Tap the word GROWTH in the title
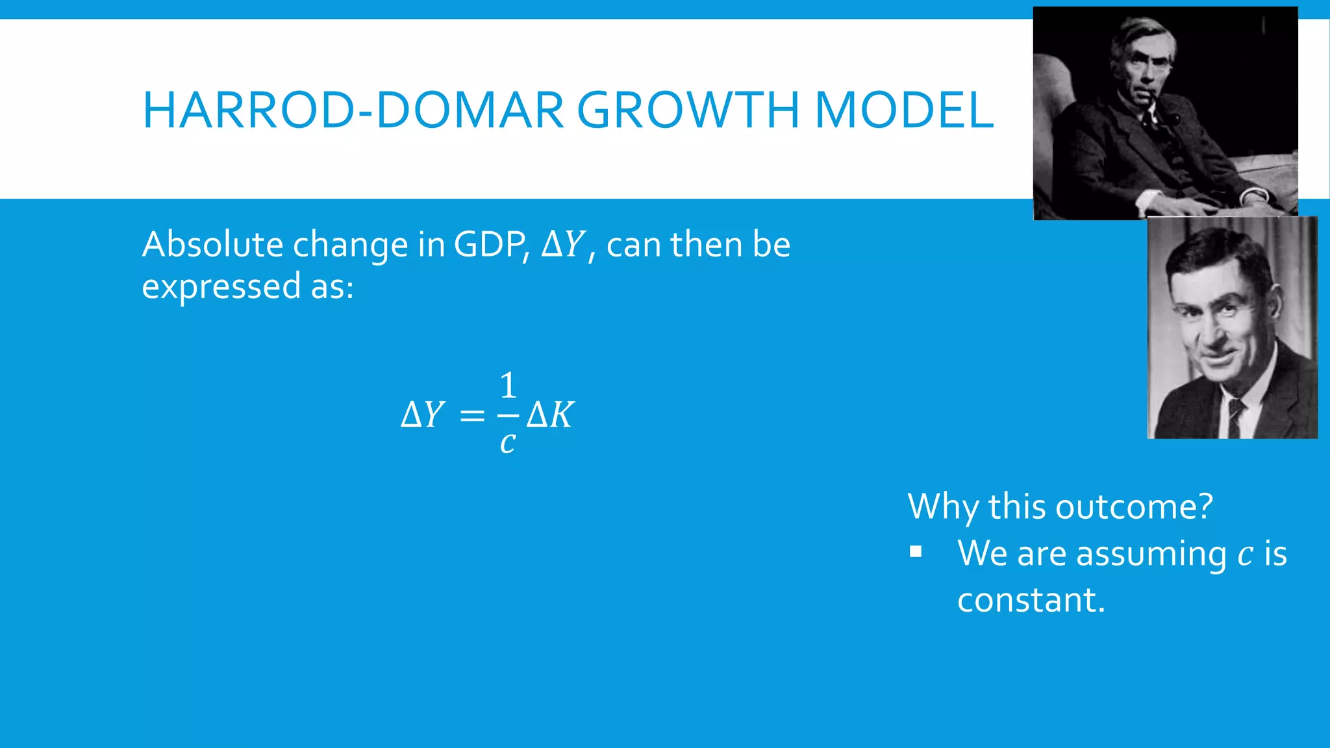tap(688, 110)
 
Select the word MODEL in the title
tap(903, 110)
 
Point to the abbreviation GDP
tap(489, 245)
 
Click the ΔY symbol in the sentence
tap(563, 245)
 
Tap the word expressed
tap(221, 286)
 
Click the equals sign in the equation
tap(472, 416)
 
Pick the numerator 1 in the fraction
tap(508, 386)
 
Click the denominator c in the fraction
tap(508, 443)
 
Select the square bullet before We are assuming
tap(916, 553)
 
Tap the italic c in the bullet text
tap(1245, 555)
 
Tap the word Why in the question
tap(942, 506)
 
